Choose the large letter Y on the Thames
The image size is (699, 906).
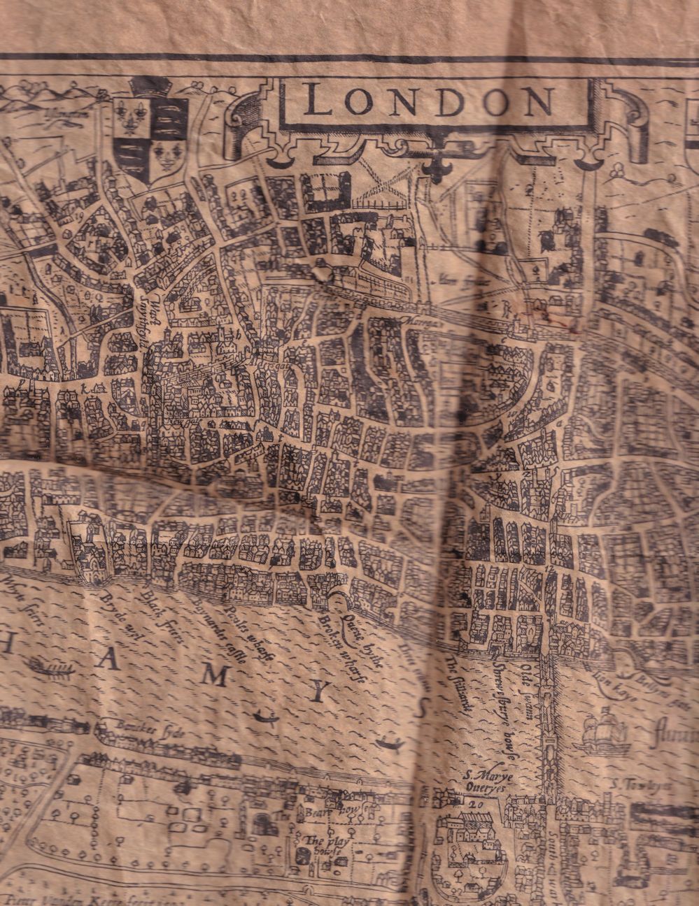coord(319,692)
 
